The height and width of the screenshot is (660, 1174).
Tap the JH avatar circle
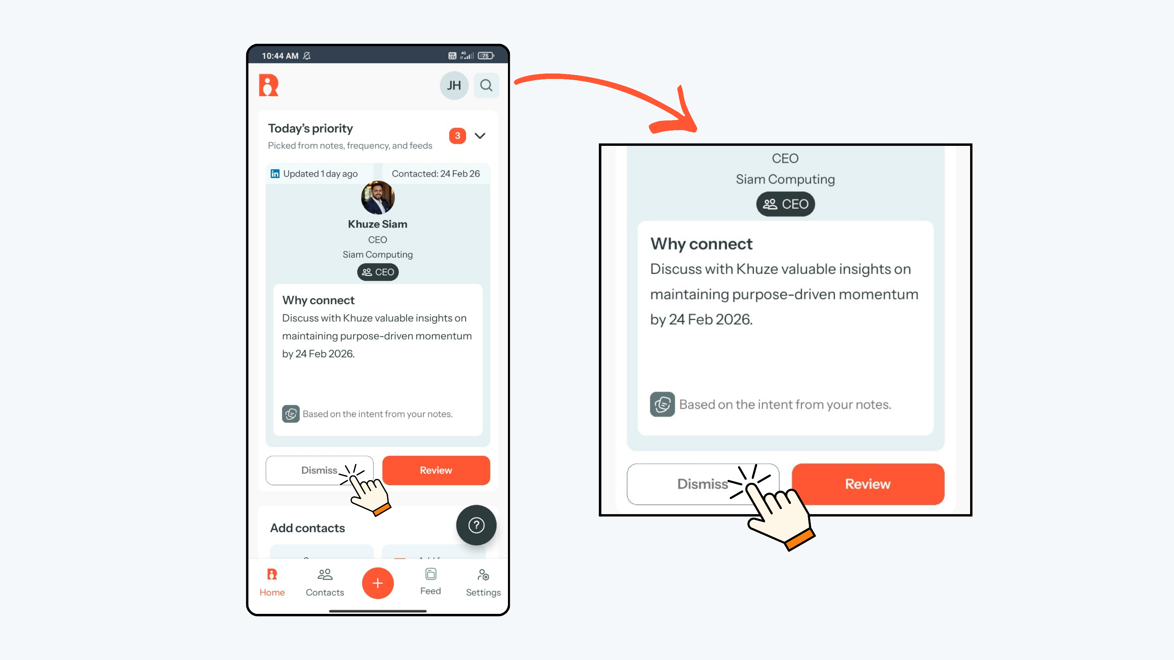tap(454, 86)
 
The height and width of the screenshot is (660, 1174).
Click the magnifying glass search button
tap(486, 86)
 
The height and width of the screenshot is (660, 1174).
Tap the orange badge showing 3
tap(457, 136)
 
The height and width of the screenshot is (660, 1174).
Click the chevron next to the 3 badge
tap(480, 136)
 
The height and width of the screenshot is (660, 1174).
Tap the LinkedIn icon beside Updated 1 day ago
tap(275, 174)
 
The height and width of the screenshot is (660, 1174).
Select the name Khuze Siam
tap(378, 224)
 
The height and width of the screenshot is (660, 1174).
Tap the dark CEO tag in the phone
tap(378, 272)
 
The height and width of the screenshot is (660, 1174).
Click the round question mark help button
tap(476, 525)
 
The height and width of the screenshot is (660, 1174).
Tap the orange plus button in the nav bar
tap(378, 583)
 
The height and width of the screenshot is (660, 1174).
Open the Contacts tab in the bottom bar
tap(325, 583)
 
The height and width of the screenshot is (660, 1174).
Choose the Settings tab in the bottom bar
tap(483, 583)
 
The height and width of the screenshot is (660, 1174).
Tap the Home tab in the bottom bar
tap(272, 583)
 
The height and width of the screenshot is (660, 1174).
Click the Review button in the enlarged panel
tap(868, 484)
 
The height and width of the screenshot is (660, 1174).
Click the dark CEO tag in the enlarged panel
tap(785, 204)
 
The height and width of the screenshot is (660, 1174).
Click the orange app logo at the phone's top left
tap(268, 85)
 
